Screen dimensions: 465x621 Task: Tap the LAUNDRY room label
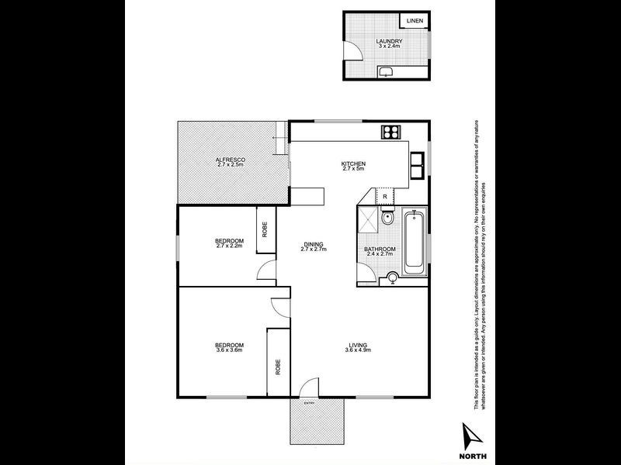(387, 41)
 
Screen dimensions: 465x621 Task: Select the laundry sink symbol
(385, 72)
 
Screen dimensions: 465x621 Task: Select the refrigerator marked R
(386, 197)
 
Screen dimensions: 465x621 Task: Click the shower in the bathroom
(366, 222)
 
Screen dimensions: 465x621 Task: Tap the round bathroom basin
(393, 277)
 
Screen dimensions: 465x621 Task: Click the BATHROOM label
(380, 249)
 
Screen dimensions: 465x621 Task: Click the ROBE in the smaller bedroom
(265, 230)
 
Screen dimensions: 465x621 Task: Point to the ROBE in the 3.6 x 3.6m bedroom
(277, 367)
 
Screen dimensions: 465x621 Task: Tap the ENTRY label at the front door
(309, 403)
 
